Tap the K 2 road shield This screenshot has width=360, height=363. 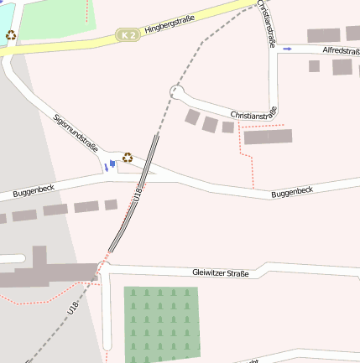(127, 34)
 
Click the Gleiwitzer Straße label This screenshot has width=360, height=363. (221, 273)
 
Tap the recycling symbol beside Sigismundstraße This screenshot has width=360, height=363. (128, 157)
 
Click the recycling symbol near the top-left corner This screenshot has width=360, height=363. (10, 35)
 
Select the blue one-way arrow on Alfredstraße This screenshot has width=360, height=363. (288, 49)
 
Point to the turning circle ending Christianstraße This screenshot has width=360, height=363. (176, 91)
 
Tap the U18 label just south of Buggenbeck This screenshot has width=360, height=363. (138, 194)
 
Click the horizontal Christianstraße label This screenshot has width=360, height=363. (253, 113)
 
